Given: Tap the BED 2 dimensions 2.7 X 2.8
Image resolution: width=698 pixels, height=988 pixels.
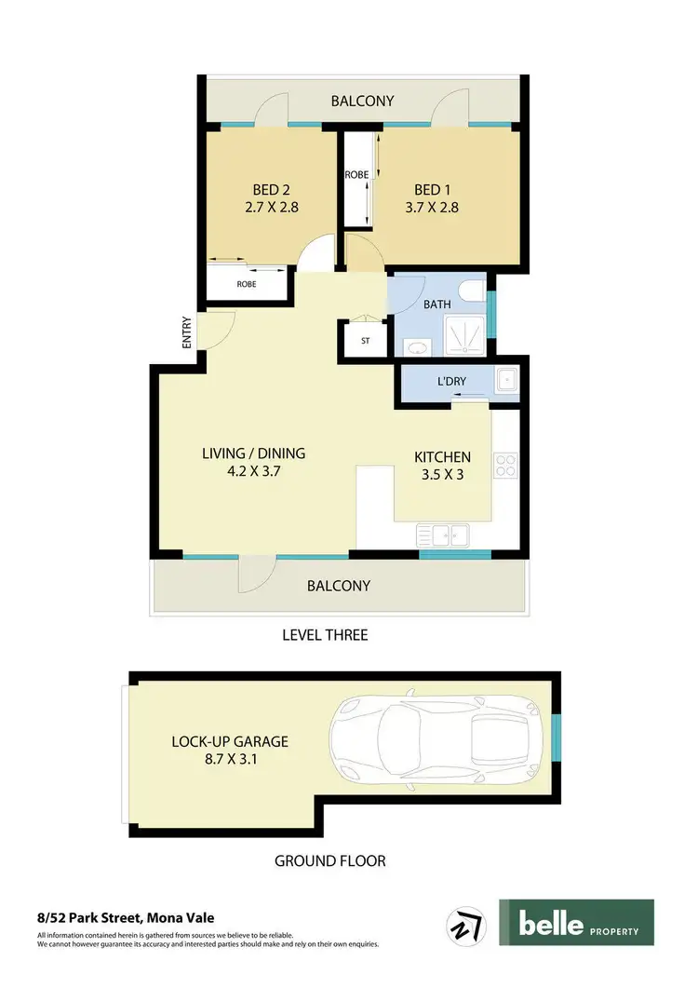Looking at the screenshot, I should point(270,208).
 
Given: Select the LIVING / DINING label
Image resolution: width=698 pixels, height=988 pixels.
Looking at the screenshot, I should point(253,453).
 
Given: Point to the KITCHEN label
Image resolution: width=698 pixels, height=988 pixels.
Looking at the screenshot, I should point(442,457).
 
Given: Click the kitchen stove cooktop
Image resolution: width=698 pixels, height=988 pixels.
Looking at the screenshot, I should point(505,465).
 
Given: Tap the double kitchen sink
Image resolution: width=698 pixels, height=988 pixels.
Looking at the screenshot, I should point(444,535).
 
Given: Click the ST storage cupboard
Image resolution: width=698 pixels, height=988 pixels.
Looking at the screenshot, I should point(365,340).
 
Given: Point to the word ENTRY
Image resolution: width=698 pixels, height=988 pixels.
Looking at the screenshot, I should point(187,332).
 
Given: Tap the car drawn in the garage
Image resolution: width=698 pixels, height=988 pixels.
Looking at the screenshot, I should point(436,742).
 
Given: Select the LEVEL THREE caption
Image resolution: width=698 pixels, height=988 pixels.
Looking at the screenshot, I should point(325,635).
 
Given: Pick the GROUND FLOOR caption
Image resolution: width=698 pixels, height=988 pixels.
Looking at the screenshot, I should point(329,860).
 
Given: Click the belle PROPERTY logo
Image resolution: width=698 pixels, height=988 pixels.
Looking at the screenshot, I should point(576,922).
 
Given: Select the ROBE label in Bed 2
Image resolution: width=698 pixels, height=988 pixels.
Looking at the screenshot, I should point(247,284).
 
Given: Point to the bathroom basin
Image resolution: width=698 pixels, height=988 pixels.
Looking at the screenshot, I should point(416,346).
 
